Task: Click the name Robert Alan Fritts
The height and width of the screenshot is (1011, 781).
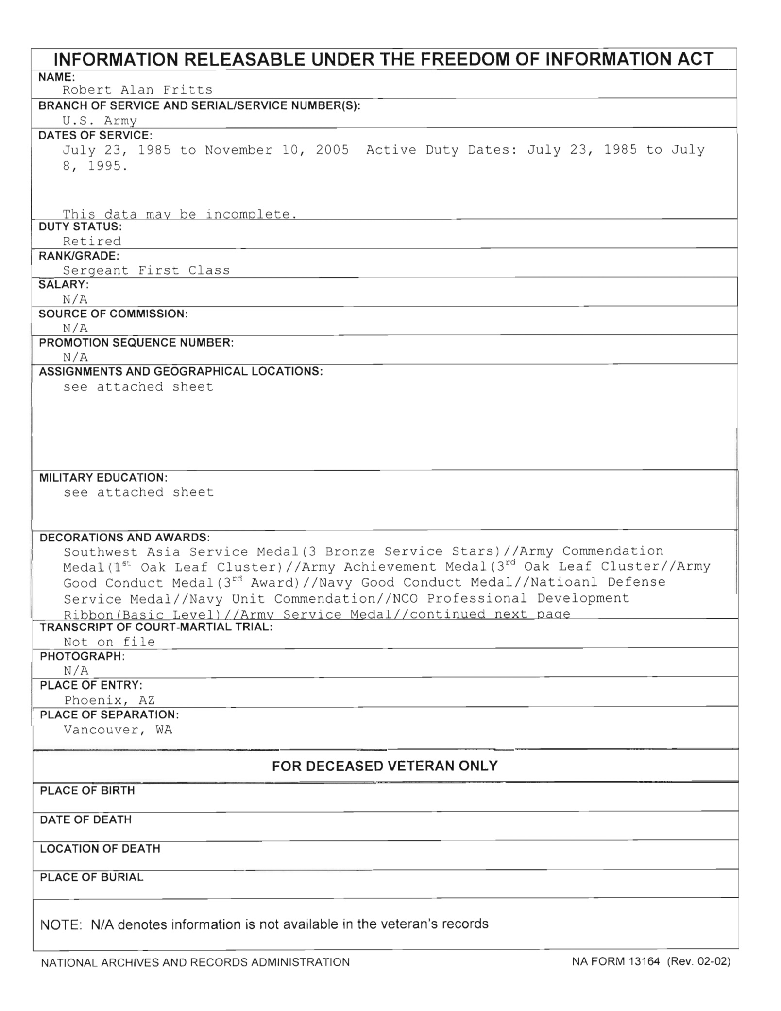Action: tap(137, 90)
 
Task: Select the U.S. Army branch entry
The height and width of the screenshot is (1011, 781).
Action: tap(100, 120)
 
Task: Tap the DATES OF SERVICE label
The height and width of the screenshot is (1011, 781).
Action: tap(95, 135)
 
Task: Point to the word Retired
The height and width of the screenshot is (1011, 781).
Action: tap(92, 241)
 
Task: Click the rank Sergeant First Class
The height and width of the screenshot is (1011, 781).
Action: tap(146, 270)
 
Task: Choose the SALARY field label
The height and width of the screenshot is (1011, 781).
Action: tap(64, 285)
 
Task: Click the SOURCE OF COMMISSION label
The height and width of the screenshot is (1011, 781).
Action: tap(113, 314)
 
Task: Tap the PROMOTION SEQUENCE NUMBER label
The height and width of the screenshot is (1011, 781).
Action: tap(136, 343)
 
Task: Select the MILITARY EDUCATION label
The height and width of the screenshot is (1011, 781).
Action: tap(103, 478)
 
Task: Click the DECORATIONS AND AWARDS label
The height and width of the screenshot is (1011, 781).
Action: tap(125, 538)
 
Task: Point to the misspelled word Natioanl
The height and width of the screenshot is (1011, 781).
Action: tap(564, 582)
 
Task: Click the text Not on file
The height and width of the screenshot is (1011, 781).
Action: tap(109, 642)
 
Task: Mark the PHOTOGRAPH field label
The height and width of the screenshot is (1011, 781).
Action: tap(82, 656)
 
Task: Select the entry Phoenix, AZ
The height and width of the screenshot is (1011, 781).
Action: tap(109, 700)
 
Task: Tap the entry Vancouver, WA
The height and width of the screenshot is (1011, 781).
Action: tap(118, 730)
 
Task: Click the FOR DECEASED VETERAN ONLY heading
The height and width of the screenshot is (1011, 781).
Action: tap(385, 767)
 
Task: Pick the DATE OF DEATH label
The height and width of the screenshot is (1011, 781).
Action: tap(86, 820)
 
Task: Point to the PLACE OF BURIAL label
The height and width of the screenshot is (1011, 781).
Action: tap(92, 877)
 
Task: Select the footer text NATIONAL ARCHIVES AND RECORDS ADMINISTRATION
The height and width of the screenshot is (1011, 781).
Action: tap(195, 962)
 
